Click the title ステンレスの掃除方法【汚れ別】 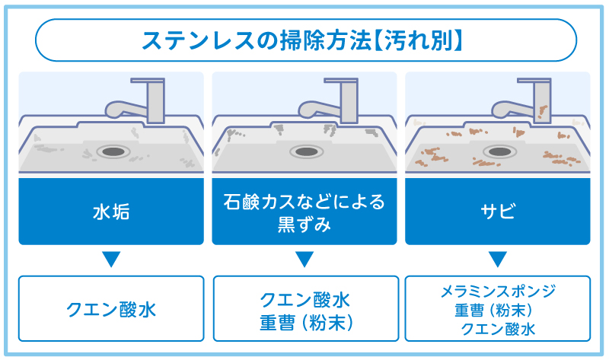pyautogui.click(x=304, y=40)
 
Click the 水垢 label pyautogui.click(x=111, y=212)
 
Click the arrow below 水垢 pyautogui.click(x=111, y=260)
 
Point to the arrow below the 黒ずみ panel pyautogui.click(x=304, y=260)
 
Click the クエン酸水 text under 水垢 pyautogui.click(x=111, y=309)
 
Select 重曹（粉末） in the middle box pyautogui.click(x=304, y=321)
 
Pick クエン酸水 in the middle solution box pyautogui.click(x=304, y=298)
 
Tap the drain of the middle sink pyautogui.click(x=304, y=151)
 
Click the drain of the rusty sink pyautogui.click(x=498, y=151)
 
